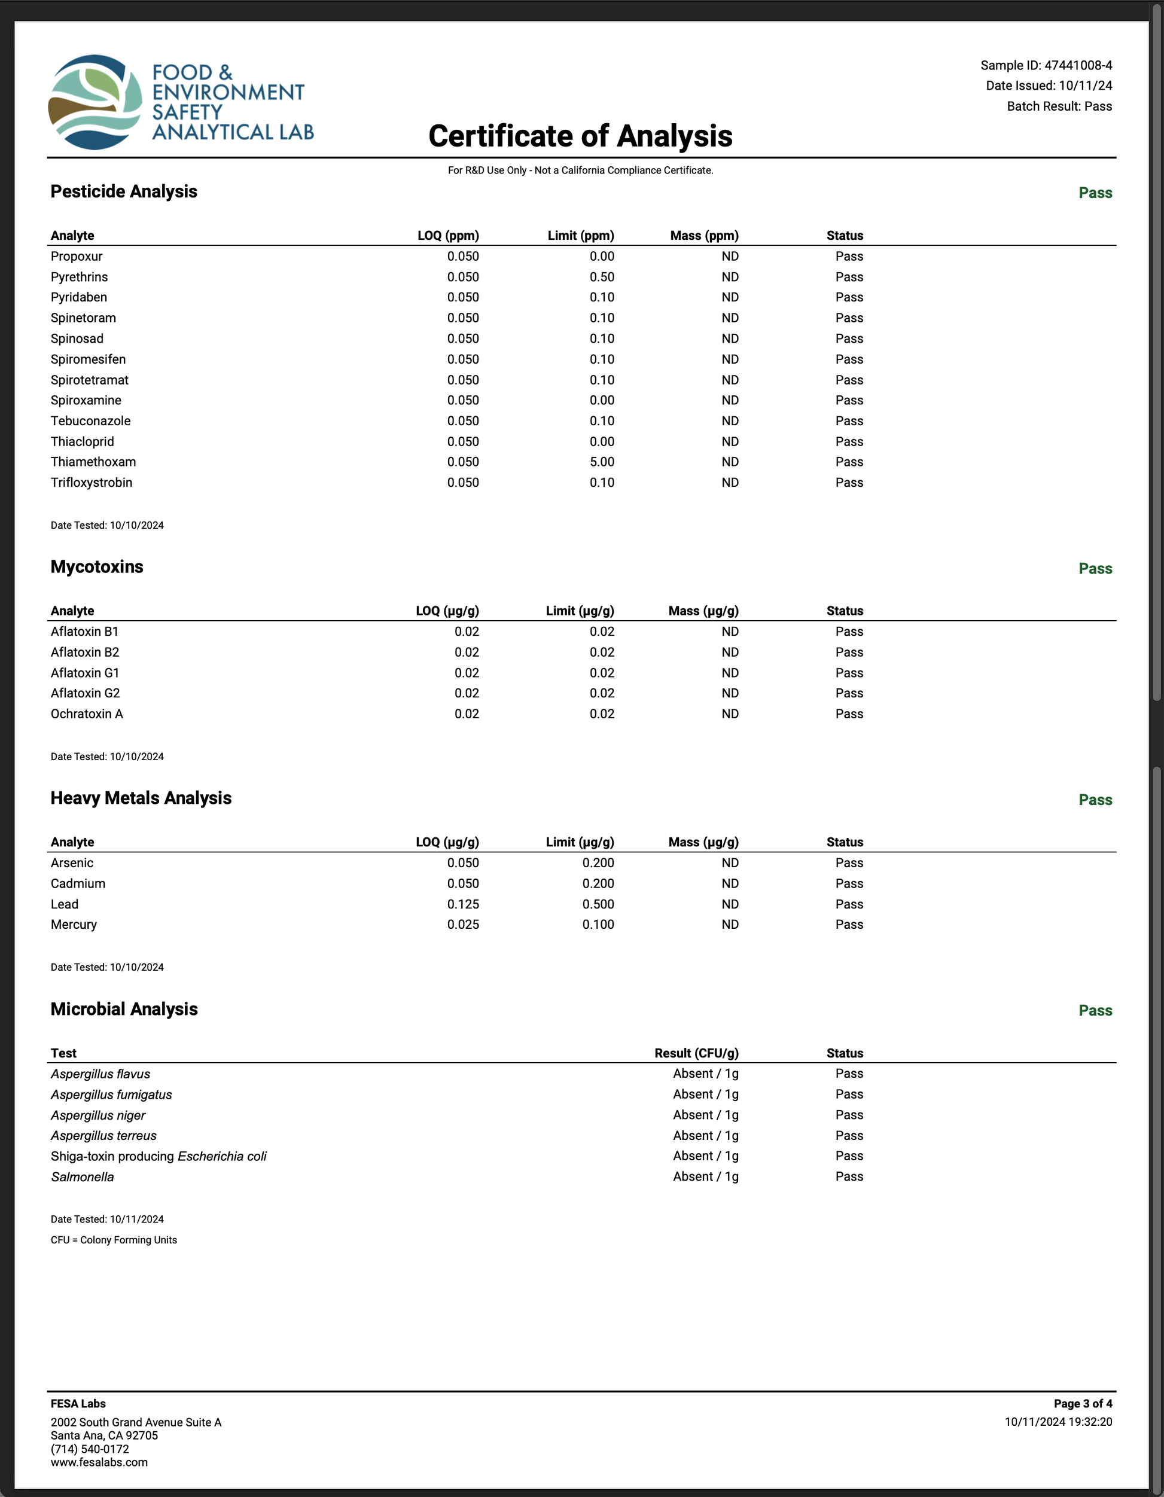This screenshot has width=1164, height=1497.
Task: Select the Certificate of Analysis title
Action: click(x=580, y=136)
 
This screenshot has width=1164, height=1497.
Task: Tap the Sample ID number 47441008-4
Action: click(x=1078, y=65)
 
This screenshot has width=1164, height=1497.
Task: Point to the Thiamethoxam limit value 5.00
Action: click(x=602, y=462)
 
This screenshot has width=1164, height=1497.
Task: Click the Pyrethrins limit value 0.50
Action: click(x=602, y=277)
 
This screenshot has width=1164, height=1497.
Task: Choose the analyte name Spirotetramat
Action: click(x=90, y=380)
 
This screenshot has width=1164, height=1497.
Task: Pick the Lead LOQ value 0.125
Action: click(x=463, y=904)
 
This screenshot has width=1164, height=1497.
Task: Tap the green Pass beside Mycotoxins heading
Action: click(x=1095, y=568)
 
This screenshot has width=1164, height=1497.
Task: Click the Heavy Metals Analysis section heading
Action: click(x=141, y=798)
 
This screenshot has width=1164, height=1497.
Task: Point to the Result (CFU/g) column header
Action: click(x=696, y=1053)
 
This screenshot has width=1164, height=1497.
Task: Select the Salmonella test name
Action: click(x=83, y=1177)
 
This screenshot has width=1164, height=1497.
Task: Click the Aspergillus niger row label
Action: click(x=98, y=1115)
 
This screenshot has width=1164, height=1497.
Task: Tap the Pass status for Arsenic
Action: click(x=849, y=863)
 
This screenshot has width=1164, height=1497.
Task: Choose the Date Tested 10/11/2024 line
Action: click(x=107, y=1219)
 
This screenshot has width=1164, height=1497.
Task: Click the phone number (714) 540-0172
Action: click(x=90, y=1449)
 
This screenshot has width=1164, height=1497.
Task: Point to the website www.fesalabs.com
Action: click(x=99, y=1462)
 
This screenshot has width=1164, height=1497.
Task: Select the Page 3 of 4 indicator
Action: click(x=1083, y=1404)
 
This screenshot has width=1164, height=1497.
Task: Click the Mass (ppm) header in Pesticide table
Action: click(x=704, y=236)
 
